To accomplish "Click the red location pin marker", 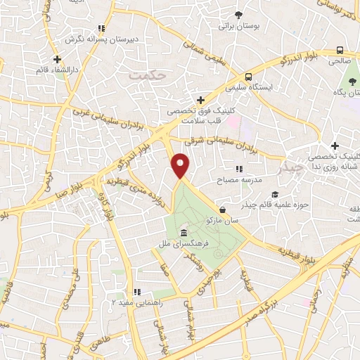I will (181, 166).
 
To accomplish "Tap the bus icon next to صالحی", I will (340, 50).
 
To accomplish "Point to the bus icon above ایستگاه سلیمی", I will (247, 77).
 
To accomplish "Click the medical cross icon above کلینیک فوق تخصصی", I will (202, 100).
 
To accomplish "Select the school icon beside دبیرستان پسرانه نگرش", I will (101, 28).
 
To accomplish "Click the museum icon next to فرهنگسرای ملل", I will (184, 233).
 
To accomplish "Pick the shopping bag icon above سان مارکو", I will (222, 210).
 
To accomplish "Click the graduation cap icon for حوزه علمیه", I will (275, 194).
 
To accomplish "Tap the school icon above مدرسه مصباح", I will (239, 169).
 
